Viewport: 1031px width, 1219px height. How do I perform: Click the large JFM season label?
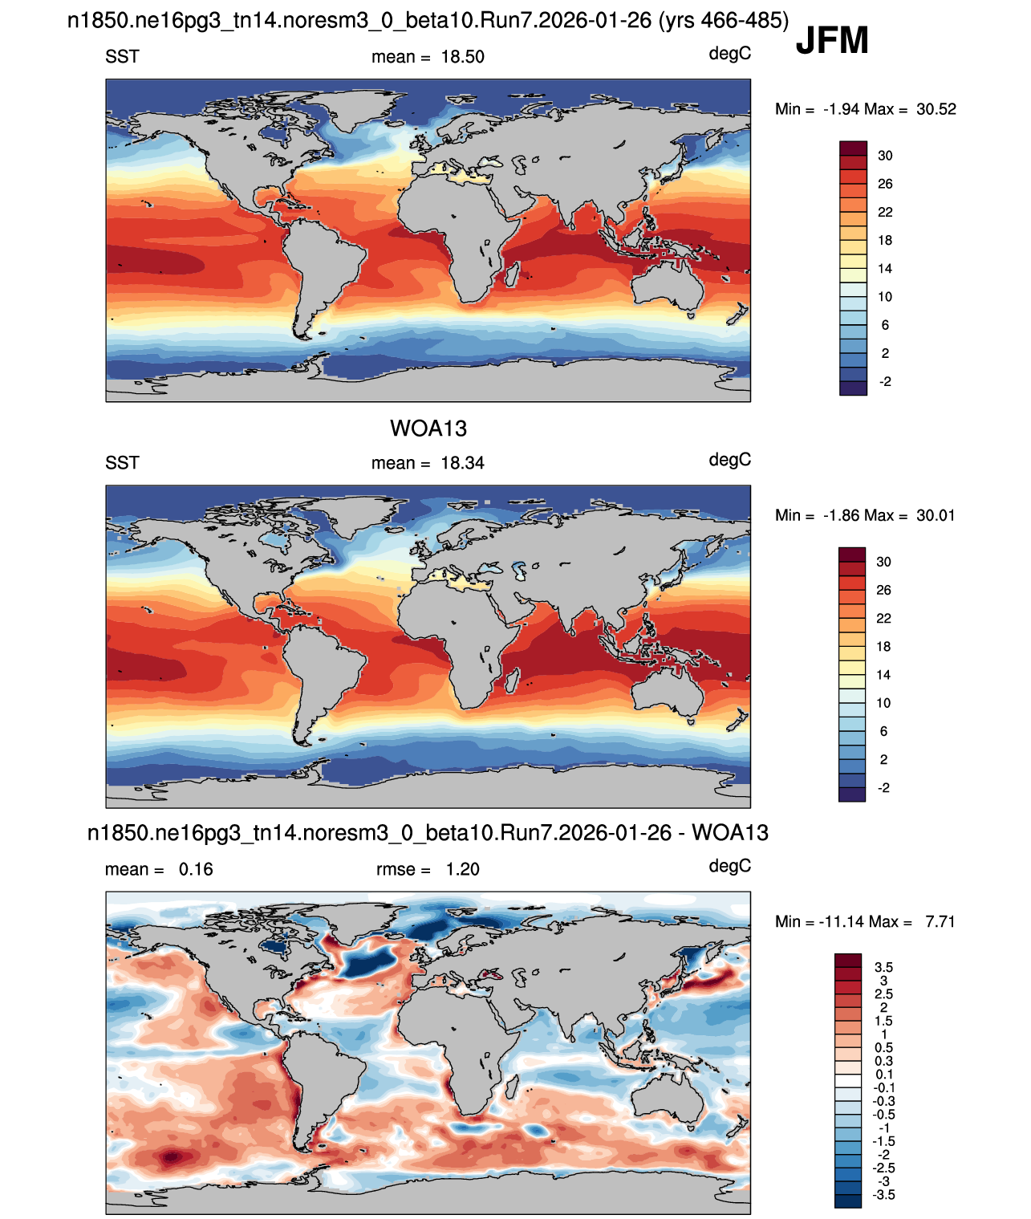point(832,40)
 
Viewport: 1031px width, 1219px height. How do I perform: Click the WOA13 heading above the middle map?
point(428,429)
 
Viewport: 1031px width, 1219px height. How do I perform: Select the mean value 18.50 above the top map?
point(463,57)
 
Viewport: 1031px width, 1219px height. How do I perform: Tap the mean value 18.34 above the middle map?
point(463,463)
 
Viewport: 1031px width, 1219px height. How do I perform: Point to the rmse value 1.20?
point(463,869)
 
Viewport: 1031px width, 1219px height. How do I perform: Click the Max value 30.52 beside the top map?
point(936,109)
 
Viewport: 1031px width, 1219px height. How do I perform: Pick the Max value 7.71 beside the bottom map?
point(940,921)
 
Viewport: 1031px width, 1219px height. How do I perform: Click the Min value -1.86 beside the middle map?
point(842,515)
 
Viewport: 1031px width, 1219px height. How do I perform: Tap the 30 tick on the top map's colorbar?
point(885,156)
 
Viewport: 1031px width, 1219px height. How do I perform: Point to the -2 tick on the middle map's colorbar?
point(883,788)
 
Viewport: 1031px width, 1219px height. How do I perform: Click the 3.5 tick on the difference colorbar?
point(883,967)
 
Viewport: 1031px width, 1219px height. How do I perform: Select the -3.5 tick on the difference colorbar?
point(883,1196)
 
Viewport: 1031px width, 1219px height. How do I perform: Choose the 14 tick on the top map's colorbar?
point(885,269)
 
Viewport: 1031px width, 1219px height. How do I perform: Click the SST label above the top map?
point(122,57)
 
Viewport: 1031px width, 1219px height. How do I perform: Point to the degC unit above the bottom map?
point(730,867)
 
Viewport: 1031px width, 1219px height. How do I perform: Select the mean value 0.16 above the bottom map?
point(196,869)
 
